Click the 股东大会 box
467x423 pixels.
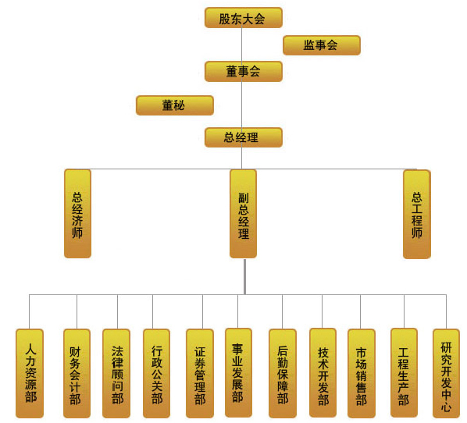(244, 18)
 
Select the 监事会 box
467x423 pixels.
(322, 45)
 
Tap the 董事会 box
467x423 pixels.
(244, 72)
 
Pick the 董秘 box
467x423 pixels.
(174, 105)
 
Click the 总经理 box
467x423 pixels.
(244, 137)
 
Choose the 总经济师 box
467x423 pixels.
(77, 214)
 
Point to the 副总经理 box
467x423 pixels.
(243, 214)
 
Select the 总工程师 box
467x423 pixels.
(417, 215)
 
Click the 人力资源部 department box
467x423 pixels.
(30, 373)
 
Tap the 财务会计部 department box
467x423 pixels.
(77, 373)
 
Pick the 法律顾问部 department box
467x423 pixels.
(116, 373)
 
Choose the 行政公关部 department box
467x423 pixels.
(156, 373)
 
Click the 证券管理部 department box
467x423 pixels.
(200, 373)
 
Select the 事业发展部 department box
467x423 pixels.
(238, 373)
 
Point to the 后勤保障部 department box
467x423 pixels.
(283, 373)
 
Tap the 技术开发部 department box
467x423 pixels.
(323, 373)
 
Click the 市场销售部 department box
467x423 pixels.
(362, 373)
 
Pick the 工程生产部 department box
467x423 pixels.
(404, 373)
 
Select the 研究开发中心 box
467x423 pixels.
(446, 373)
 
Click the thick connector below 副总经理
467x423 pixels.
(244, 276)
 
